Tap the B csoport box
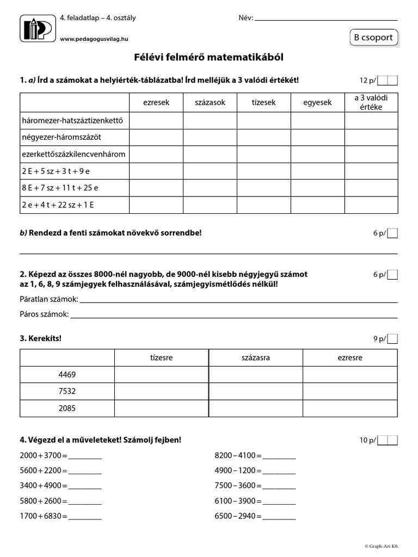coord(374,38)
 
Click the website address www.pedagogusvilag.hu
coord(94,39)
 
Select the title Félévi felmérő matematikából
coord(209,57)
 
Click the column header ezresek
coord(156,102)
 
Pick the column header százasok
coord(210,102)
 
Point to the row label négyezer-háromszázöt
coord(61,137)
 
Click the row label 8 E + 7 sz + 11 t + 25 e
coord(60,188)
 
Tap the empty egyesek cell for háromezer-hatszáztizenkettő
coord(317,120)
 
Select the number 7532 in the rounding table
coord(67,391)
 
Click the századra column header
coord(255,357)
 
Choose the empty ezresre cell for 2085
coord(350,408)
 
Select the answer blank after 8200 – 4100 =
coord(279,455)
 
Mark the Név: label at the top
coord(246,18)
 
